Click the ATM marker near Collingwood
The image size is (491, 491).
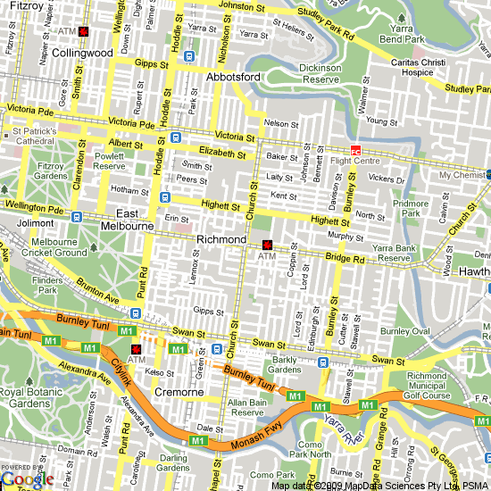[x=83, y=31]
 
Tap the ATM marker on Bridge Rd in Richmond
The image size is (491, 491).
[x=267, y=245]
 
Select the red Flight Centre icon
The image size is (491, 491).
[x=354, y=151]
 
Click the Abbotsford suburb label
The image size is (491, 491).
[x=233, y=78]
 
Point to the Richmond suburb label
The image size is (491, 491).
[x=221, y=240]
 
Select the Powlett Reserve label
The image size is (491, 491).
[x=109, y=161]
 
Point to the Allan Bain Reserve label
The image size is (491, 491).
[x=248, y=409]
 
